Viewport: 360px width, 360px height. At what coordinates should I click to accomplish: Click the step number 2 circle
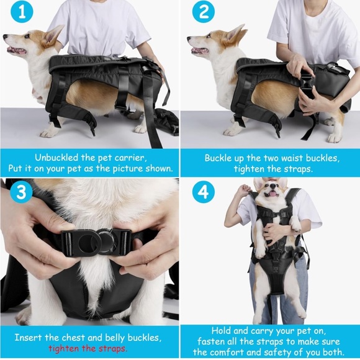tap(204, 13)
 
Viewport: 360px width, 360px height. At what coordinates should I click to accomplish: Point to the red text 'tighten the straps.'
tap(88, 348)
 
